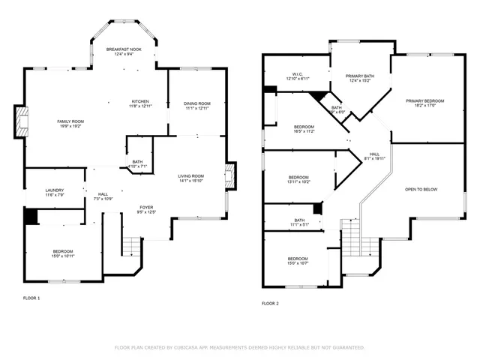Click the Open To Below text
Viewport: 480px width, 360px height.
pos(421,190)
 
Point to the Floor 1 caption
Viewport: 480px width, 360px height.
pos(31,298)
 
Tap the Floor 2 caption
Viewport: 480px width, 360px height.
pos(270,304)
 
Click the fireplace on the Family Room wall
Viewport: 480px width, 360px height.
pos(20,121)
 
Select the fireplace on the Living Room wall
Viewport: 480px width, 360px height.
pos(231,176)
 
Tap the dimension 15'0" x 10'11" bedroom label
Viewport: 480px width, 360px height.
pos(63,253)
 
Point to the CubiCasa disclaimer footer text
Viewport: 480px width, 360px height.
pos(239,348)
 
